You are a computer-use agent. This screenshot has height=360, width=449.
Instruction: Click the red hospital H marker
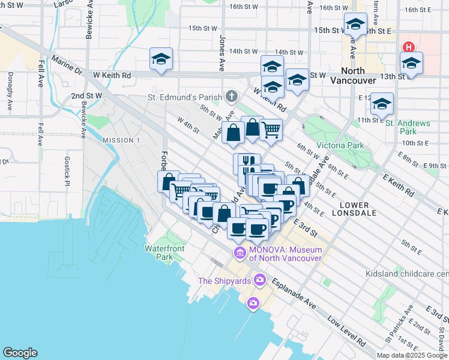pos(409,47)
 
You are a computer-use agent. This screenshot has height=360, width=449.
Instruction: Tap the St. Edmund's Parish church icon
pos(232,97)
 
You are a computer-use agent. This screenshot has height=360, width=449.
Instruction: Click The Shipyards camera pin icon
pos(260,280)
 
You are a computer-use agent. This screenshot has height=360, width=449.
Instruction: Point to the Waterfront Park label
pos(164,253)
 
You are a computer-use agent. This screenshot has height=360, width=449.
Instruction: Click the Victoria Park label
pos(340,145)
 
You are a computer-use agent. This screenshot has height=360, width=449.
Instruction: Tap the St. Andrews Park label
pos(409,127)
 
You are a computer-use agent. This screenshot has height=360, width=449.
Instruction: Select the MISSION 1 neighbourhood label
pos(121,140)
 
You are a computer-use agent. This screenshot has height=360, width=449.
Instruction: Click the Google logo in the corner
pos(20,353)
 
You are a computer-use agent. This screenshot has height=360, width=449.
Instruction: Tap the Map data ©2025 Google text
pos(412,355)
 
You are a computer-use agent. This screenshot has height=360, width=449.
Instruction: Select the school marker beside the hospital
pos(412,63)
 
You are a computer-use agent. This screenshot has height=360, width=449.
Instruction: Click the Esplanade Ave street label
pos(294,293)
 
